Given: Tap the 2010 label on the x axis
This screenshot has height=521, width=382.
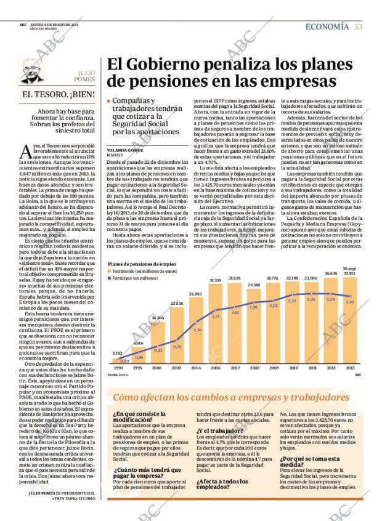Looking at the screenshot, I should point(291,367).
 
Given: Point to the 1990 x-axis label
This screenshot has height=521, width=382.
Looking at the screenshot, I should point(118,367).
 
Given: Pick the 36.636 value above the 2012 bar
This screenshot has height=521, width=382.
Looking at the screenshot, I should point(331,273).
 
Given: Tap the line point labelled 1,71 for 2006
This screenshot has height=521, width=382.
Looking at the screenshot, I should point(216,317).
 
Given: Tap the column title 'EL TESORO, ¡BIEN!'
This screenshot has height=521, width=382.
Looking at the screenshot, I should point(59,94).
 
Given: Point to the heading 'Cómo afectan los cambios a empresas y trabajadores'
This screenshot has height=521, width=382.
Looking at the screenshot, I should point(230,397).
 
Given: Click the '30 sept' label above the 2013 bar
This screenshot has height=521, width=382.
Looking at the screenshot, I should point(349,269).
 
